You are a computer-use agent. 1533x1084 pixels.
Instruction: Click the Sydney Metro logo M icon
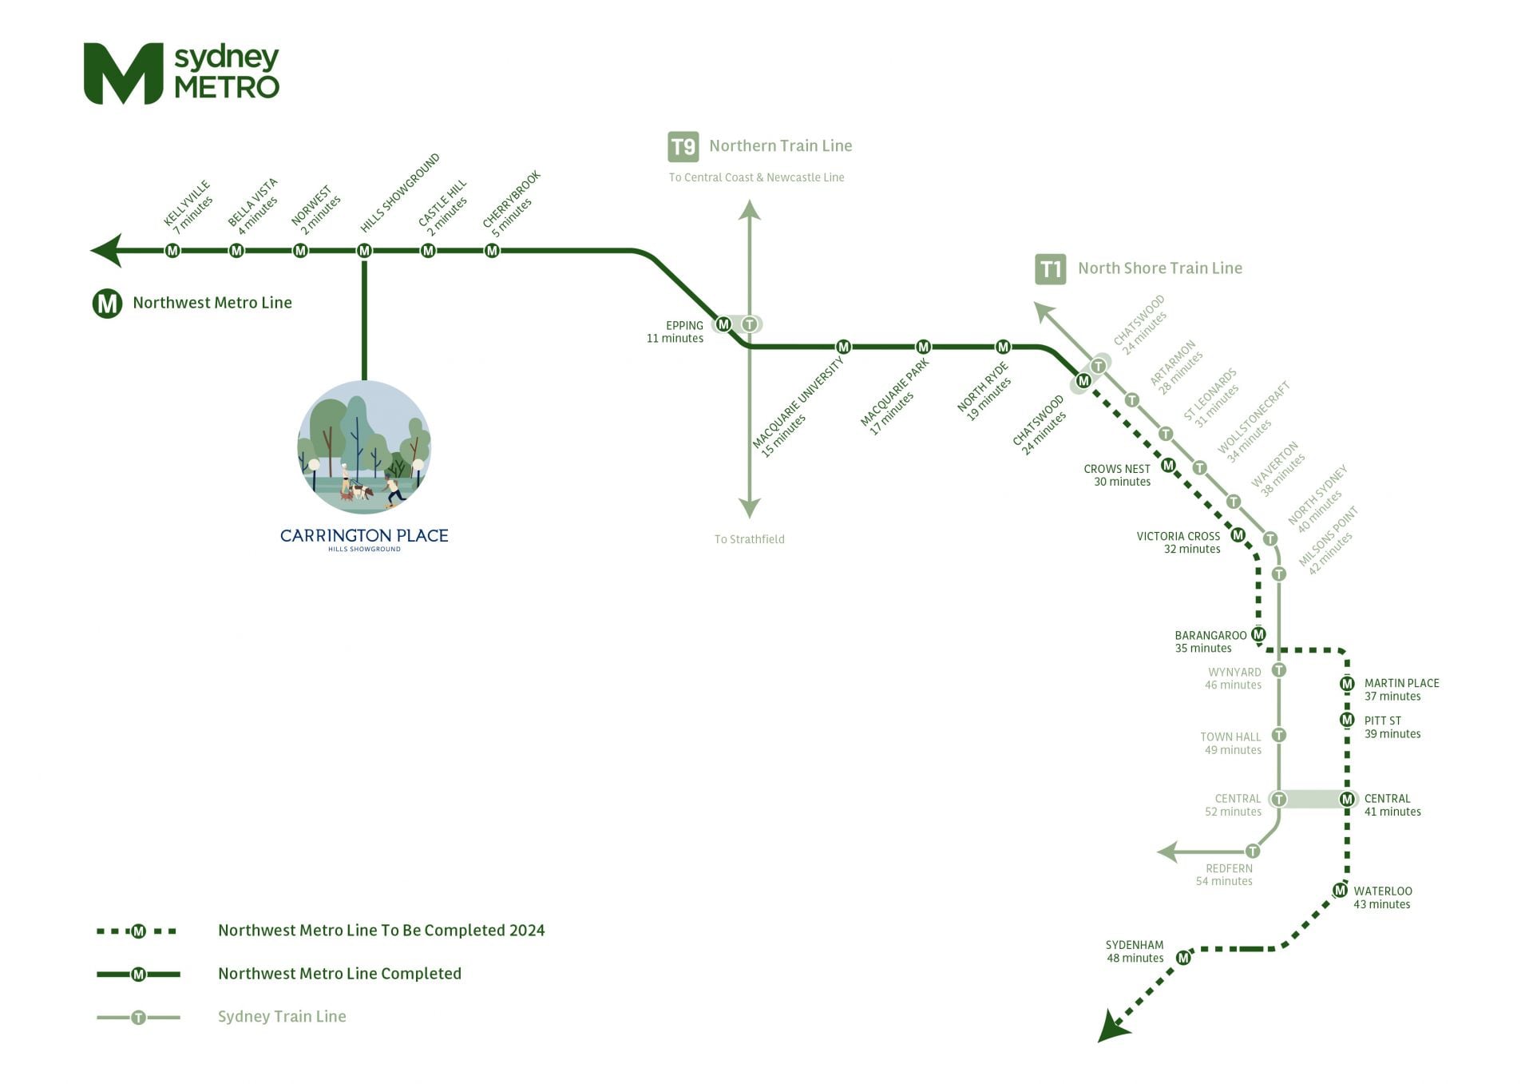[x=124, y=73]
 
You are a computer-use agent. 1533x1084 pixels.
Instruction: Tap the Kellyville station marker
[x=172, y=251]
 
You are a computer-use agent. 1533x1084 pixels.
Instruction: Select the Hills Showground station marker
[x=364, y=251]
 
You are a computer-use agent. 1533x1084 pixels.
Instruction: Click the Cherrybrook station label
[x=511, y=203]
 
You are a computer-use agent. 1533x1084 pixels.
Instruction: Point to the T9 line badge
[x=683, y=147]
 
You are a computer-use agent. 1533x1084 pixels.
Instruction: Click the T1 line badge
[x=1051, y=269]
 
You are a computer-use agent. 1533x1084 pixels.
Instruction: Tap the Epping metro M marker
[x=723, y=324]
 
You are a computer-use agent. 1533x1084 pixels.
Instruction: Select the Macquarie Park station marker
[x=923, y=347]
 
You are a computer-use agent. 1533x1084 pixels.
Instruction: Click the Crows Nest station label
[x=1117, y=475]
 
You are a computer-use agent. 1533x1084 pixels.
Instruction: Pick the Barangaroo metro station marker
[x=1258, y=634]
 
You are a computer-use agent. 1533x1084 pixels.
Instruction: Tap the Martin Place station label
[x=1401, y=689]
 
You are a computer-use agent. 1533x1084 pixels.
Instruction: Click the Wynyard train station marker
[x=1279, y=670]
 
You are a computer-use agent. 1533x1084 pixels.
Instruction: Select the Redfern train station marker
[x=1253, y=852]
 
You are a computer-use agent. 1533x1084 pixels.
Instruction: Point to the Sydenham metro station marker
[x=1183, y=957]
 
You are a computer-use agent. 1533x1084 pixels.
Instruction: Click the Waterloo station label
[x=1382, y=897]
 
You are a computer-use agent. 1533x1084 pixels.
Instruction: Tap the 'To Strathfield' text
[x=749, y=539]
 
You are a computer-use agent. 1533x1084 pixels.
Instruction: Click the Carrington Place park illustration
[x=364, y=447]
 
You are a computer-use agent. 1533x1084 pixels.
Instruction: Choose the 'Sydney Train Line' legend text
[x=282, y=1016]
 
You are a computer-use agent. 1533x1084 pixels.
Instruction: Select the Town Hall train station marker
[x=1279, y=735]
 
